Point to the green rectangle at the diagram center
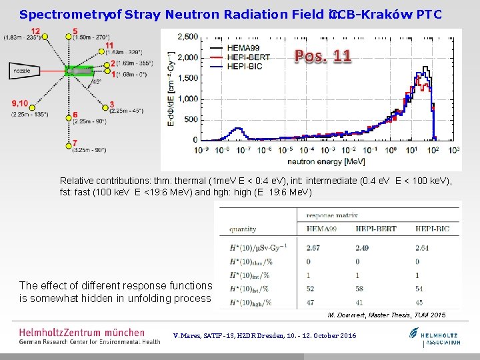click(x=79, y=71)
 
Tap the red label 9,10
click(x=19, y=103)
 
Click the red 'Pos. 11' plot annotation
click(x=323, y=57)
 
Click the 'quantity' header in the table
click(x=242, y=229)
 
